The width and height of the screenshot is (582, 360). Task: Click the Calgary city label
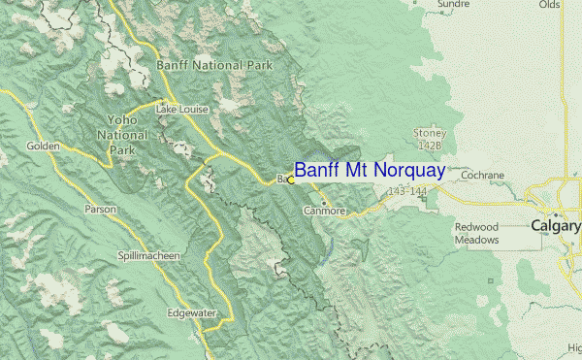pyautogui.click(x=556, y=225)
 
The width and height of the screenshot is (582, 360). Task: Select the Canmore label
pyautogui.click(x=324, y=210)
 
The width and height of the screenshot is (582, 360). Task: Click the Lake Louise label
pyautogui.click(x=182, y=110)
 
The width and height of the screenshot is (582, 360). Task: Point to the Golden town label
pyautogui.click(x=44, y=147)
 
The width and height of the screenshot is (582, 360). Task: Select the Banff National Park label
pyautogui.click(x=214, y=65)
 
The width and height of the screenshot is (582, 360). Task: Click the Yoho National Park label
pyautogui.click(x=122, y=135)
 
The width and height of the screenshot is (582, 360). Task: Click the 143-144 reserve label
pyautogui.click(x=405, y=192)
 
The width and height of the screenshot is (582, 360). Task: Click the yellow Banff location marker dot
pyautogui.click(x=291, y=180)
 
